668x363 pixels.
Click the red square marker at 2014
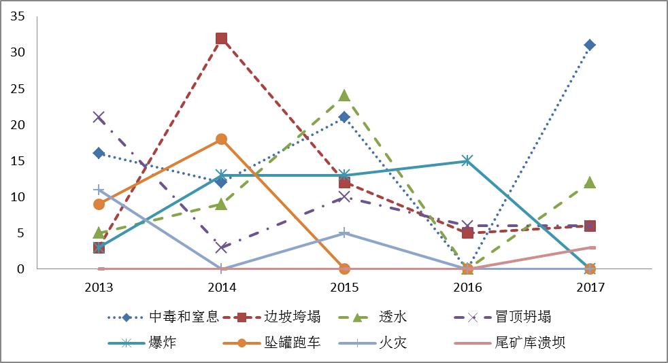click(x=222, y=39)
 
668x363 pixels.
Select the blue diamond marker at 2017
click(x=590, y=46)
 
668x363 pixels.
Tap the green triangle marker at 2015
click(x=344, y=96)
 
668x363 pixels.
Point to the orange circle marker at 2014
click(x=222, y=139)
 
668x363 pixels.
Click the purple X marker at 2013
click(x=99, y=118)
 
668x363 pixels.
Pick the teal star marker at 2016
click(x=467, y=161)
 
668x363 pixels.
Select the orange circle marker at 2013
click(x=99, y=204)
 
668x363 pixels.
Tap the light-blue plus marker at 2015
click(x=344, y=233)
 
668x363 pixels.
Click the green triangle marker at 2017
click(x=590, y=182)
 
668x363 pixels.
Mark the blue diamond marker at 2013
click(x=99, y=154)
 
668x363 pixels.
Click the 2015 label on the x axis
click(x=344, y=288)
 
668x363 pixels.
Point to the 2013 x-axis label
click(x=99, y=288)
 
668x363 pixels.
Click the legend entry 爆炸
click(x=161, y=342)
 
